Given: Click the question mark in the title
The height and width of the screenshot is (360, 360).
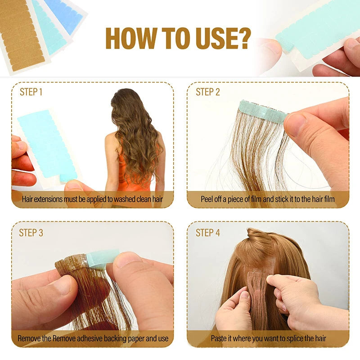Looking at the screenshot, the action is coord(243,38).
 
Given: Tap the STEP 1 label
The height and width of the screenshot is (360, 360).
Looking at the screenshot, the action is coord(31,92).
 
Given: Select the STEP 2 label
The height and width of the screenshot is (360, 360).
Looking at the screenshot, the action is coord(208,92).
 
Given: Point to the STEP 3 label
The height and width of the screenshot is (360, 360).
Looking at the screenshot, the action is coord(31,233).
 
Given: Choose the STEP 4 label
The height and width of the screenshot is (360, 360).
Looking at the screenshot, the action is coord(208,233).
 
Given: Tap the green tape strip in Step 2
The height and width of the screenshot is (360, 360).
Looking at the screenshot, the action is coord(263,112).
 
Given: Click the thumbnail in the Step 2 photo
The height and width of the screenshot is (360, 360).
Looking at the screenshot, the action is coord(296,125).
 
